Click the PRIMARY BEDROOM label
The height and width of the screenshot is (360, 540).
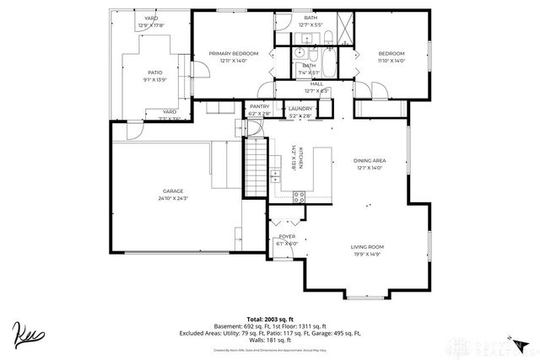[x=233, y=53]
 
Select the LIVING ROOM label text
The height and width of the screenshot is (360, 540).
[x=368, y=246]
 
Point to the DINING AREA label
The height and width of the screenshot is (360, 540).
[x=368, y=160]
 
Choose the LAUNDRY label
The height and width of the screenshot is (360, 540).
[x=300, y=109]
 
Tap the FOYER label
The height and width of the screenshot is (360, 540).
[x=287, y=237]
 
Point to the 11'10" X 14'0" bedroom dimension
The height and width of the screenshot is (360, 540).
[x=391, y=61]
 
